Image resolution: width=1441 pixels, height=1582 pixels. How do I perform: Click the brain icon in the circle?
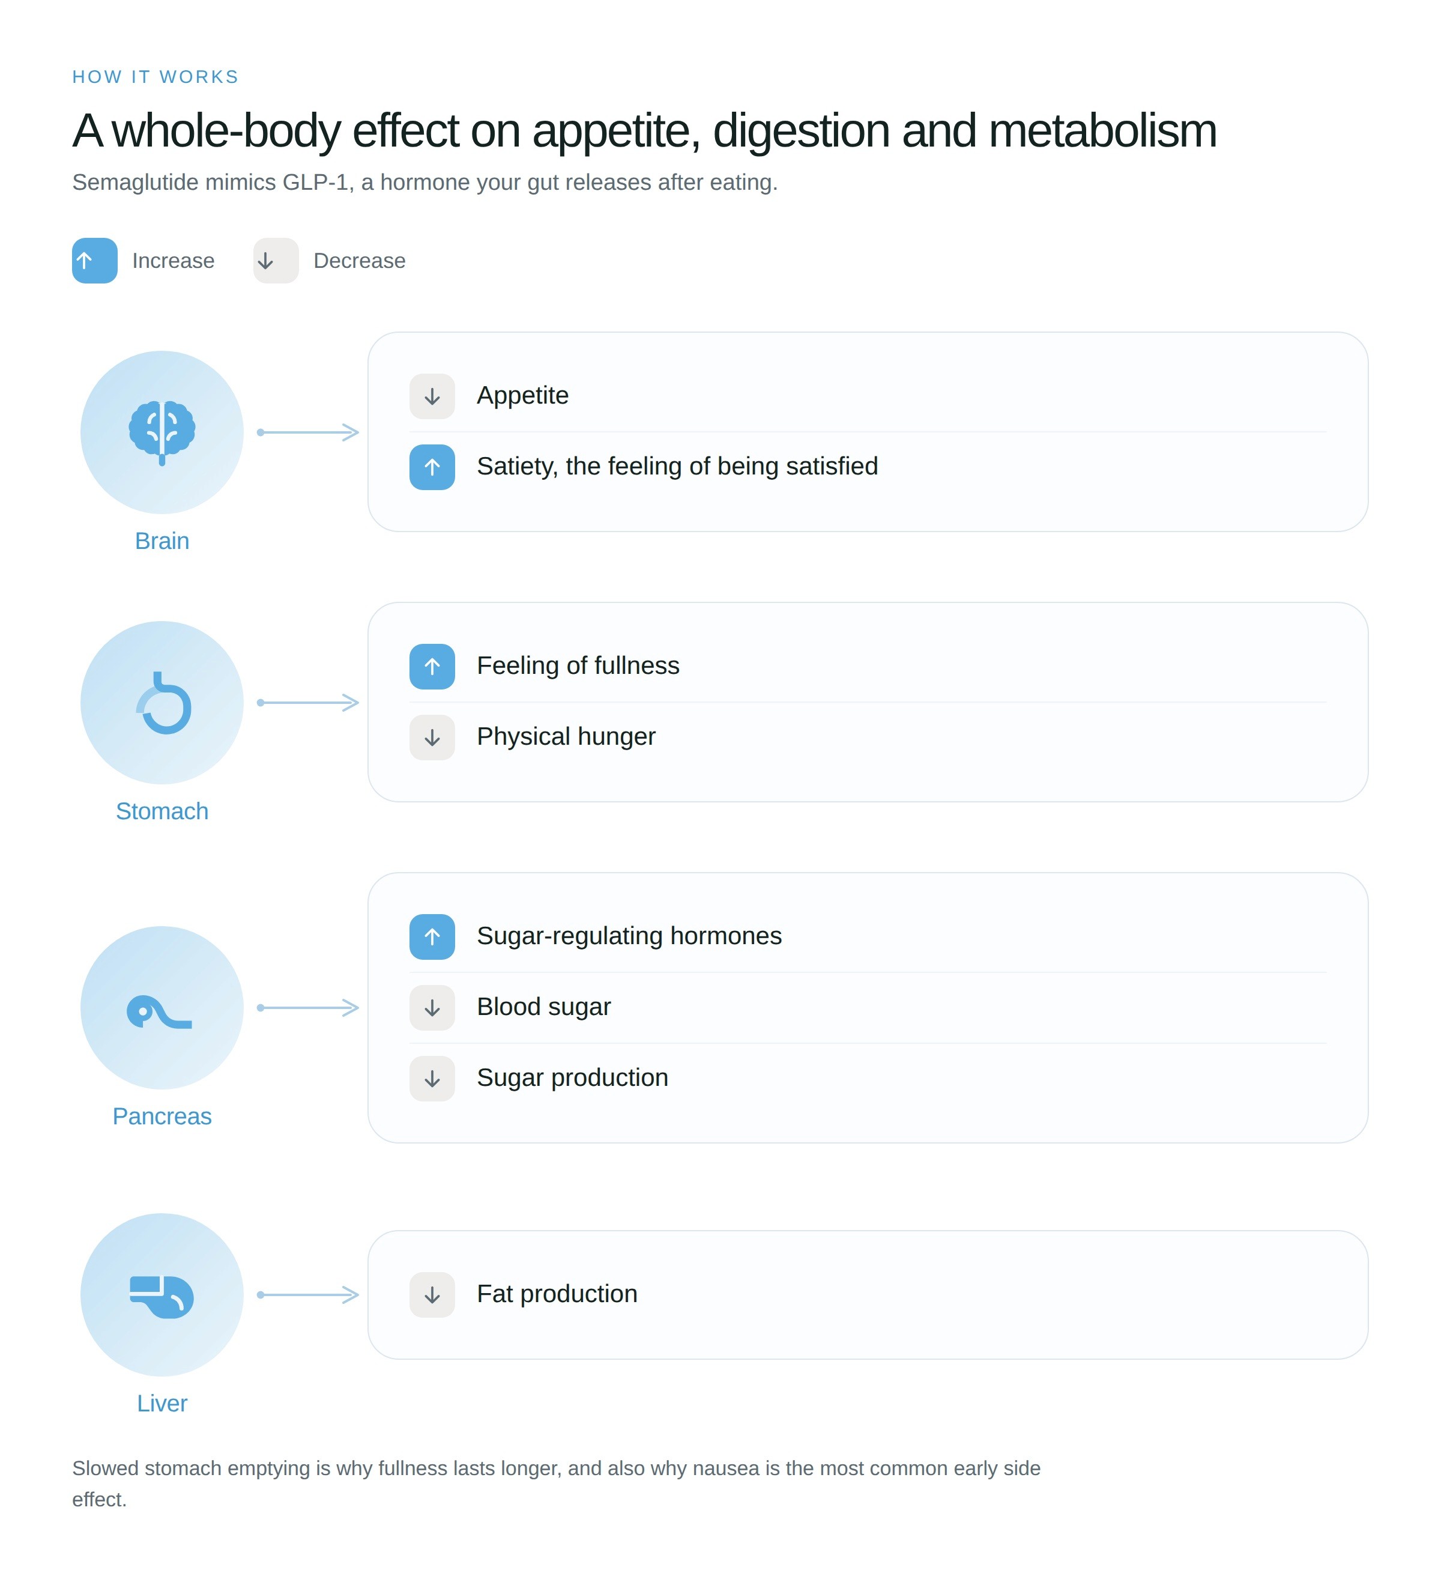(162, 432)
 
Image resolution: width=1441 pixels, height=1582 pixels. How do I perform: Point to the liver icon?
(162, 1296)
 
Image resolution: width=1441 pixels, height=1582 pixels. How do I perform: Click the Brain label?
(162, 541)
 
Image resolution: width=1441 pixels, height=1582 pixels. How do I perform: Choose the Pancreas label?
(162, 1116)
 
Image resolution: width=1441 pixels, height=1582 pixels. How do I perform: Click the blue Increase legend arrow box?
(95, 261)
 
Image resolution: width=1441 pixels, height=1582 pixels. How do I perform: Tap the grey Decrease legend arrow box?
(276, 261)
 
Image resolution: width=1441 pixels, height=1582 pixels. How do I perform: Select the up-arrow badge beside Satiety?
(432, 467)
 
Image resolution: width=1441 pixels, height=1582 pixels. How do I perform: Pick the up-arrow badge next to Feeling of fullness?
(432, 666)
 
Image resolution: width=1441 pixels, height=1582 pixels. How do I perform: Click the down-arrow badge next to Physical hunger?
(432, 737)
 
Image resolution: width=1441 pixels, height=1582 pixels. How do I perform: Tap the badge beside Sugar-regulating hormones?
(432, 936)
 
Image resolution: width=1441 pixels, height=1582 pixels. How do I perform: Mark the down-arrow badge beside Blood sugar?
(432, 1008)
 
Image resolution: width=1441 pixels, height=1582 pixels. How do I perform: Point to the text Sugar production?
(573, 1077)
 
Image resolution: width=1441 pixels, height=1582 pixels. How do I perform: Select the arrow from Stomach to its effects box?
(308, 702)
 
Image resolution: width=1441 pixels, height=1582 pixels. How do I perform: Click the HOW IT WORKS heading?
(156, 77)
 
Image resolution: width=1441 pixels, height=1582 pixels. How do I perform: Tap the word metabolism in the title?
(1103, 130)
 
